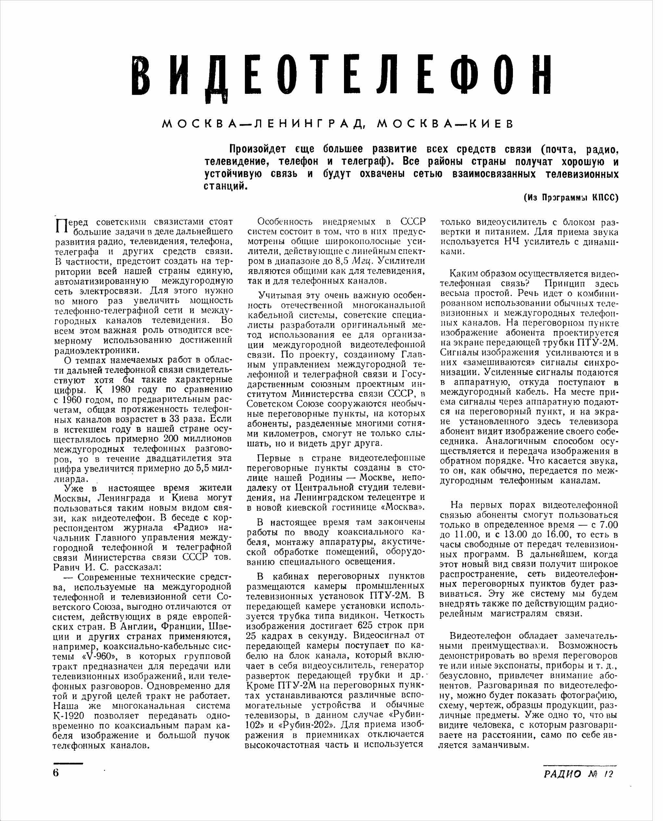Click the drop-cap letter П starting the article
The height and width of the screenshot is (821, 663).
(x=61, y=227)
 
